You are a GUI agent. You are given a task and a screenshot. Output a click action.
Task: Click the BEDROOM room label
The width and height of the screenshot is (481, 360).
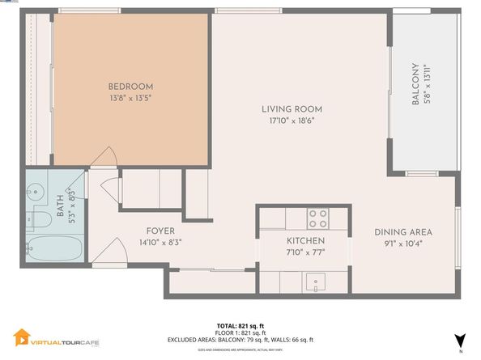pyautogui.click(x=130, y=87)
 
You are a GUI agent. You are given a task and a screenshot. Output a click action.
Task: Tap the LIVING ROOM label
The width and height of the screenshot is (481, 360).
pyautogui.click(x=292, y=109)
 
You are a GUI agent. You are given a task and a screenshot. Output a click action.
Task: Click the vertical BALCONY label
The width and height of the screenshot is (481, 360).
pyautogui.click(x=415, y=83)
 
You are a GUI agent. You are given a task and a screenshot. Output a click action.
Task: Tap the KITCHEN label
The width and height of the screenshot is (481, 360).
pyautogui.click(x=306, y=241)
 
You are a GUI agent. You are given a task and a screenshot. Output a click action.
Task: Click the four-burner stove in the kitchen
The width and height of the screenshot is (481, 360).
pyautogui.click(x=317, y=218)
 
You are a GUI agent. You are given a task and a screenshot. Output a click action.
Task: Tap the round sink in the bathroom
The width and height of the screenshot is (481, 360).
pyautogui.click(x=35, y=193)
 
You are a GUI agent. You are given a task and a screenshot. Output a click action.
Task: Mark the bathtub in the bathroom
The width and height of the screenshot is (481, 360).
pyautogui.click(x=49, y=248)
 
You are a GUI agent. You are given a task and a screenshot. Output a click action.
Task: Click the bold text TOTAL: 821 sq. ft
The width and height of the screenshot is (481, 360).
pyautogui.click(x=240, y=325)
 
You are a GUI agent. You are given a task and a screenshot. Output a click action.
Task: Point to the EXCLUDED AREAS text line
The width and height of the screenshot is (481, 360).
pyautogui.click(x=240, y=340)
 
